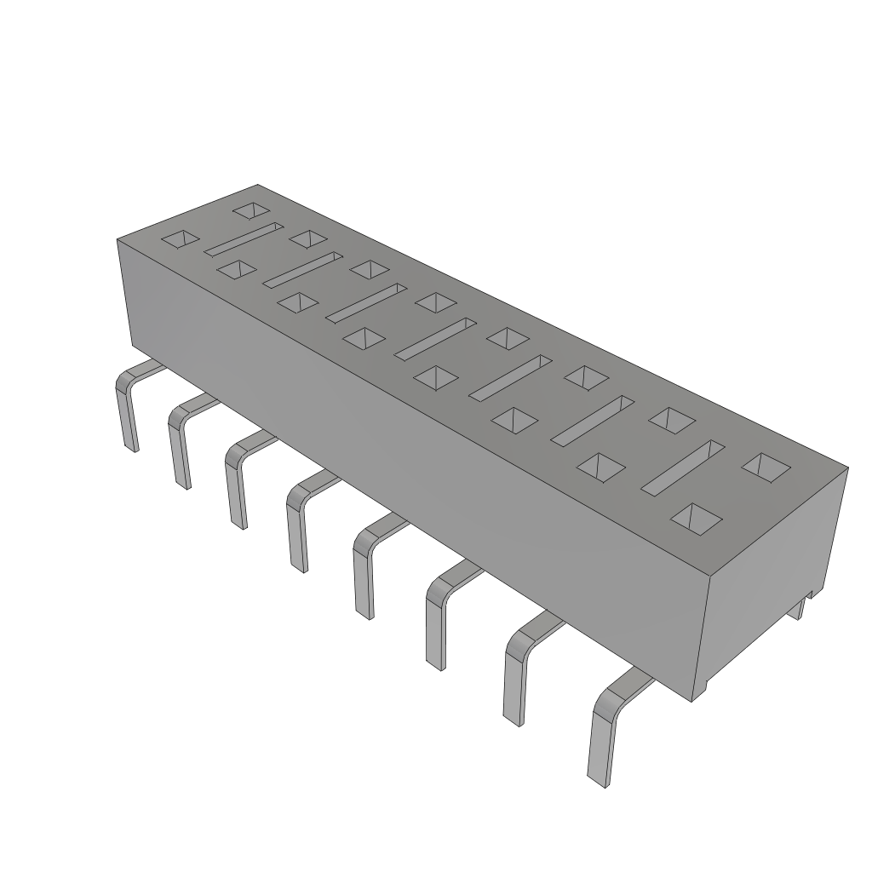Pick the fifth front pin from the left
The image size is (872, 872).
click(364, 571)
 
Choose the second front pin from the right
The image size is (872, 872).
click(514, 677)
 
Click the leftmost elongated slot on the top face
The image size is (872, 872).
click(244, 238)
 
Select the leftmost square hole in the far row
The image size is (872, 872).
click(251, 209)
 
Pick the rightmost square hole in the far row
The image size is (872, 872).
click(765, 465)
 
